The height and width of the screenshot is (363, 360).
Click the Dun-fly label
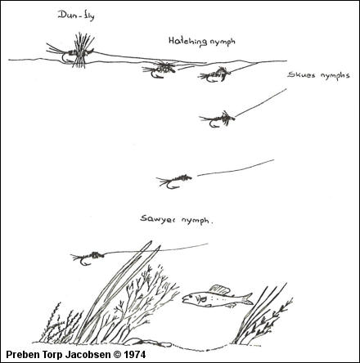pos(76,16)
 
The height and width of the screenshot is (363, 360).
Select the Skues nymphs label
pos(318,75)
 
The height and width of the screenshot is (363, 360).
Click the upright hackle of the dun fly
pos(82,50)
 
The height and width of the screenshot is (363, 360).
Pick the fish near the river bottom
pos(218,297)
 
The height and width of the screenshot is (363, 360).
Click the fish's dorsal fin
pos(219,289)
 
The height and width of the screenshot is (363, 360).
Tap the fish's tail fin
pos(248,298)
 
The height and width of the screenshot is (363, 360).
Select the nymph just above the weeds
pos(88,258)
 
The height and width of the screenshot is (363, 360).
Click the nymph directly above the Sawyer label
pos(174,181)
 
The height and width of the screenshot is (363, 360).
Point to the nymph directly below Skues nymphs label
pos(217,119)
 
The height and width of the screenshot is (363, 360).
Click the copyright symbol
pos(117,355)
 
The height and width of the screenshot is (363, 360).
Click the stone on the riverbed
pos(149,343)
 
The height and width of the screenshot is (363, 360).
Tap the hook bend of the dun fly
pos(65,58)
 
